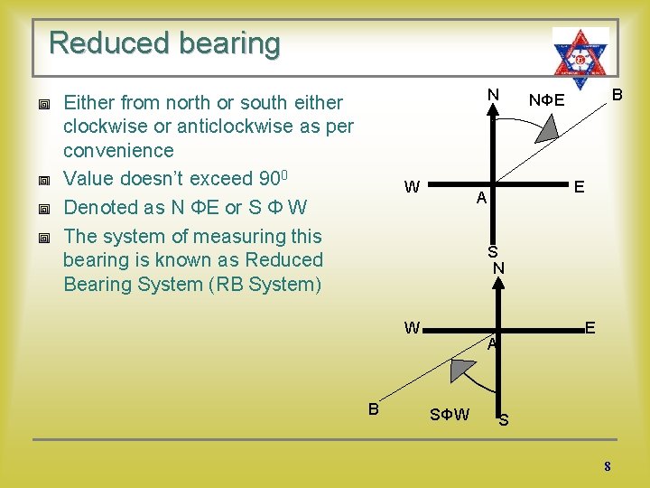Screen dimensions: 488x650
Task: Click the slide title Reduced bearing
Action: tap(164, 43)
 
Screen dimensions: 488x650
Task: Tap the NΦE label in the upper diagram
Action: tap(547, 100)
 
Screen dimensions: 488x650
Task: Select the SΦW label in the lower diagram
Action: tap(449, 415)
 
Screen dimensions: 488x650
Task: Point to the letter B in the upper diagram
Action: tap(617, 94)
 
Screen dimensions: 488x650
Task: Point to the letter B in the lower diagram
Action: tap(373, 408)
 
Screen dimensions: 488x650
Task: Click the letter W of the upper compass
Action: tap(412, 187)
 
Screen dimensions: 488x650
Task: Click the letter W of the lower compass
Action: tap(412, 328)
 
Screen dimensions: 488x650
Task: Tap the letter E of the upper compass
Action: tap(579, 186)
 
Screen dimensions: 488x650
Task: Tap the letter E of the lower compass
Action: tap(590, 327)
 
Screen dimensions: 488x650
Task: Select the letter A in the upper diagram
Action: tap(482, 198)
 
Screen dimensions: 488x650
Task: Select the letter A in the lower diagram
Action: tap(491, 344)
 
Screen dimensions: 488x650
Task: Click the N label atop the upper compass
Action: tap(493, 94)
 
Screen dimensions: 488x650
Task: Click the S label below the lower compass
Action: tap(504, 420)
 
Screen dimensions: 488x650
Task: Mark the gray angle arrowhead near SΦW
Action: tap(462, 371)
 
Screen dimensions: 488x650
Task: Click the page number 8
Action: tap(608, 466)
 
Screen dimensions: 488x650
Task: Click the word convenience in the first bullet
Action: tap(118, 150)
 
